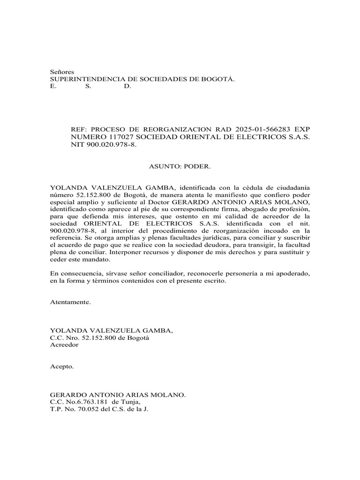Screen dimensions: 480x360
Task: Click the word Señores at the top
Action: click(x=62, y=72)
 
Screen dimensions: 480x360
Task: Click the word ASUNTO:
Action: click(x=165, y=166)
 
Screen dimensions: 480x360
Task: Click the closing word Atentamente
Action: click(x=70, y=302)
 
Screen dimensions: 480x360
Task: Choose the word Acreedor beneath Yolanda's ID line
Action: click(x=65, y=345)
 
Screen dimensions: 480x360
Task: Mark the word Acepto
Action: click(x=62, y=367)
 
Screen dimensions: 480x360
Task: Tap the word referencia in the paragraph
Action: click(x=66, y=239)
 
